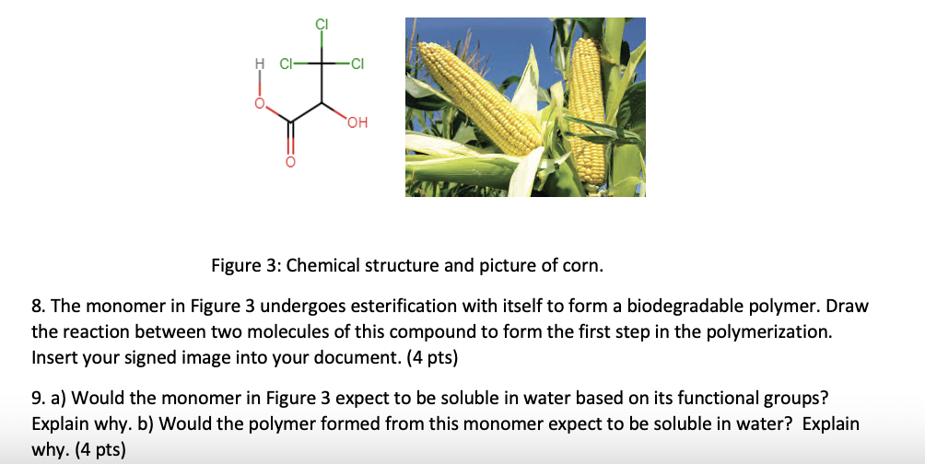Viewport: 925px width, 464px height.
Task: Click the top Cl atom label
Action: click(x=322, y=24)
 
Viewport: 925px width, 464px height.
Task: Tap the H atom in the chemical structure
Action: click(x=259, y=64)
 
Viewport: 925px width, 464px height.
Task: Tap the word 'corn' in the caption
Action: click(x=582, y=266)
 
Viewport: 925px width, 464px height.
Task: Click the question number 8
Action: click(x=37, y=306)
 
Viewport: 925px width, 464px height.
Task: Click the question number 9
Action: click(x=37, y=399)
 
